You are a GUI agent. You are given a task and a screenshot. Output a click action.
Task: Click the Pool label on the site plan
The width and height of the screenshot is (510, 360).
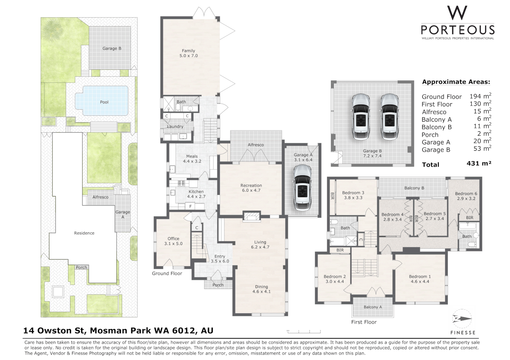[104, 102]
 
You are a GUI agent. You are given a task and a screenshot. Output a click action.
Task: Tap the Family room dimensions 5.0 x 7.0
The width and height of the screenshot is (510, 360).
[188, 56]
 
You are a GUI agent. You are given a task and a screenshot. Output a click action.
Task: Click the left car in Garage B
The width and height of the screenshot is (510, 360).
[361, 116]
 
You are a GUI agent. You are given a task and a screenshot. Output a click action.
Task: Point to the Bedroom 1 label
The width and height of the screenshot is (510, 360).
[420, 277]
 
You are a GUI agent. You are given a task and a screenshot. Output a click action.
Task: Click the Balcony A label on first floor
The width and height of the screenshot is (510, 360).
[373, 307]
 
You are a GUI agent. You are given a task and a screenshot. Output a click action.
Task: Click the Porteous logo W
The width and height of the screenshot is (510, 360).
[457, 13]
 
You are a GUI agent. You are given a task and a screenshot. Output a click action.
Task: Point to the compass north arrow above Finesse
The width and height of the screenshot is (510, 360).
[462, 319]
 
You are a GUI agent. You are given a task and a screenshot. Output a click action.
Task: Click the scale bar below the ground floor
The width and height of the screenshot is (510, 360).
[304, 331]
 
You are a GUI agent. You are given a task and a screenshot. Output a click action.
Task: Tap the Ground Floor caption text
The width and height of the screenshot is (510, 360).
[167, 273]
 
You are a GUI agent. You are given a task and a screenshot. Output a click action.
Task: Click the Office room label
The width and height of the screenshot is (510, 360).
[173, 239]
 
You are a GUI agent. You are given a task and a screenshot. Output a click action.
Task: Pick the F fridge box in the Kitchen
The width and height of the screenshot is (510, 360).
[190, 207]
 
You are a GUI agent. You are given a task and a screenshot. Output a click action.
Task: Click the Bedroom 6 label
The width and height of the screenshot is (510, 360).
[466, 194]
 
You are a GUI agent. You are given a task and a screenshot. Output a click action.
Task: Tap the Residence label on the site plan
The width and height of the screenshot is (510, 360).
[84, 233]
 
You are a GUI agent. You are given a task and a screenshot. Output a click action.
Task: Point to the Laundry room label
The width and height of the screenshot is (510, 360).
[175, 127]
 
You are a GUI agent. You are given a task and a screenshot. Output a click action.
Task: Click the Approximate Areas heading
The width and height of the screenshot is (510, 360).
[456, 82]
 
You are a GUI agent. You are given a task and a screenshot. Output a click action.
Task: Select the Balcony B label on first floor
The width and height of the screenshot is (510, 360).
[414, 188]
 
